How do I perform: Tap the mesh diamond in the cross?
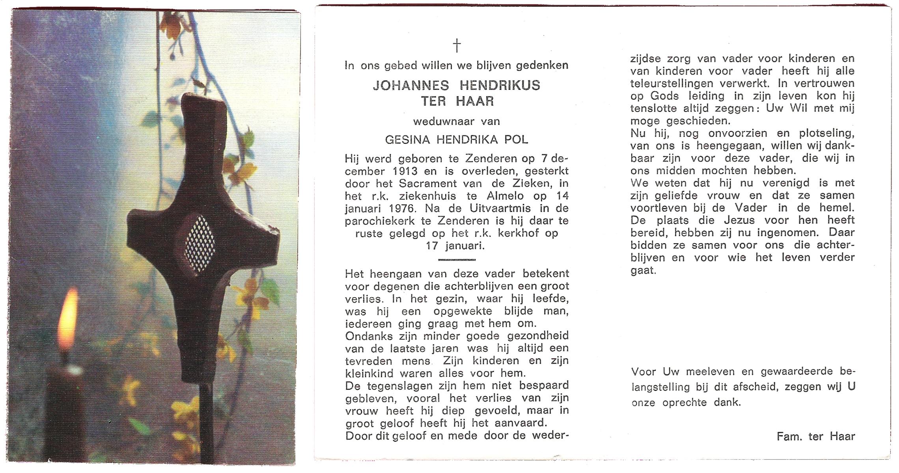pyautogui.click(x=200, y=243)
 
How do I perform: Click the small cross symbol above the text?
pyautogui.click(x=457, y=45)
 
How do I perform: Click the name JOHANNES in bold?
pyautogui.click(x=410, y=86)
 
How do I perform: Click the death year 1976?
pyautogui.click(x=402, y=208)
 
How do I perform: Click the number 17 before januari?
pyautogui.click(x=432, y=246)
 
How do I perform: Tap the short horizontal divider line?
pyautogui.click(x=457, y=260)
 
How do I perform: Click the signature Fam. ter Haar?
pyautogui.click(x=815, y=436)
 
